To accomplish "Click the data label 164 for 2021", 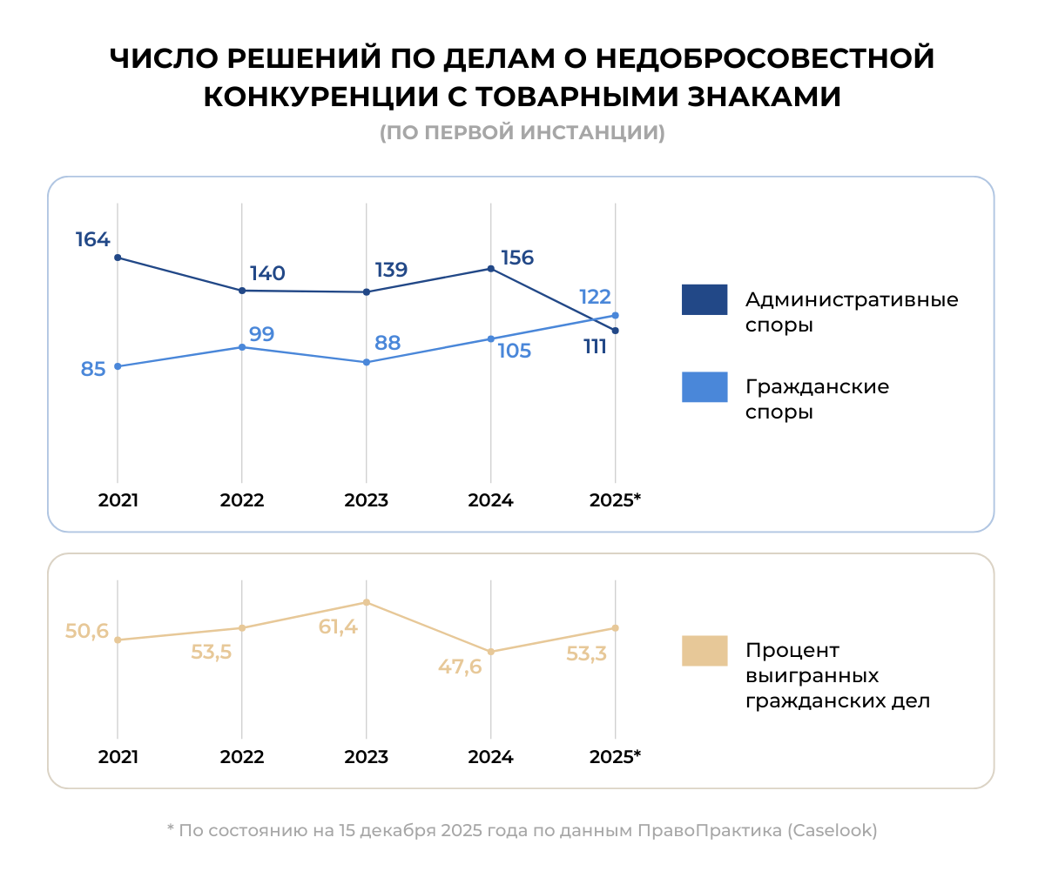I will tap(92, 239).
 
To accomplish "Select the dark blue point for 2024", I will tap(491, 269).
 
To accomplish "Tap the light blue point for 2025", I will tap(616, 315).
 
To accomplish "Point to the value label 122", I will tap(595, 297).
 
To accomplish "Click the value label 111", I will tap(595, 348).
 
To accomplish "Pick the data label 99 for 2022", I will tap(261, 334).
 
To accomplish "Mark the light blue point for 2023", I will tap(367, 362).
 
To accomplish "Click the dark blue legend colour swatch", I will tap(704, 300).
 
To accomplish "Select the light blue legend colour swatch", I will tap(704, 387).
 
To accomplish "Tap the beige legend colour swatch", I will tap(704, 651).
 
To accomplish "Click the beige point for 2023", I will tap(367, 602).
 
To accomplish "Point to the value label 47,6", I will tap(460, 667).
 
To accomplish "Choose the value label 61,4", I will tap(338, 626).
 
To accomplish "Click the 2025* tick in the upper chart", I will tap(615, 501).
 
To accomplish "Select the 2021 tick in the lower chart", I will tap(118, 757).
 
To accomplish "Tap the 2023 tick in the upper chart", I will tap(367, 501).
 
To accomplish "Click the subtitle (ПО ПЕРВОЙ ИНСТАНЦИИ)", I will tap(522, 133).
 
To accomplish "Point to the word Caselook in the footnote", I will tap(831, 831).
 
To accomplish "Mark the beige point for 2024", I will tap(491, 652).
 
